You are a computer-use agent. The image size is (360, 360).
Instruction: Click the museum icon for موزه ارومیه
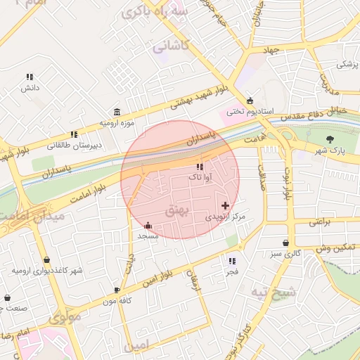click(x=116, y=112)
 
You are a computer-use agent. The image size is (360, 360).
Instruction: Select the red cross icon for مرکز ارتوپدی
click(x=225, y=205)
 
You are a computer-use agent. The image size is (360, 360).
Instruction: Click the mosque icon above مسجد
click(x=148, y=226)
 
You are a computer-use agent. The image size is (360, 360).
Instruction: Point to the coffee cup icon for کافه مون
click(x=117, y=290)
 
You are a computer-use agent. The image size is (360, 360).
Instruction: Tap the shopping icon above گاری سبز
click(x=285, y=242)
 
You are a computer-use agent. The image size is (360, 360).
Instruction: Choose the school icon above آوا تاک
click(x=200, y=167)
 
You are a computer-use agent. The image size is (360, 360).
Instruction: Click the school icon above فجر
click(x=232, y=261)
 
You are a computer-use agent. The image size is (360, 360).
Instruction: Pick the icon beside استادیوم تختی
click(x=250, y=101)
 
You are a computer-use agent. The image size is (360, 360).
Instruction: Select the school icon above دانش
click(x=30, y=77)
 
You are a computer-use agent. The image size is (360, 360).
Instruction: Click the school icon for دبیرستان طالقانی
click(x=74, y=134)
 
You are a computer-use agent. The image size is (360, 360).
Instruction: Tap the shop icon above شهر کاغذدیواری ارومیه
click(x=46, y=259)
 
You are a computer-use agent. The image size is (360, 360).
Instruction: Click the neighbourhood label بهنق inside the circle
click(x=176, y=210)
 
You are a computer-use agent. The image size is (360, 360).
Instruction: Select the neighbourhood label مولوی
click(x=65, y=317)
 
